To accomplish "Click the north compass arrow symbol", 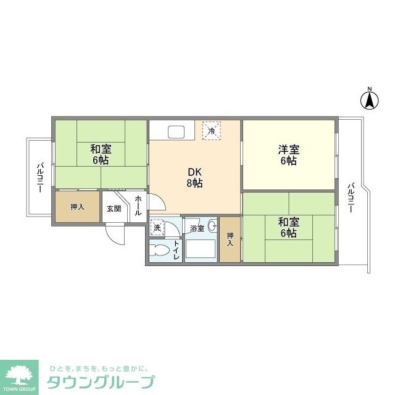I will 370,99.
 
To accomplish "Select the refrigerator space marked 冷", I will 212,130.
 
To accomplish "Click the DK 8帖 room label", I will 194,177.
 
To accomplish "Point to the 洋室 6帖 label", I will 288,155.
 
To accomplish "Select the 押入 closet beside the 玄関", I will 77,207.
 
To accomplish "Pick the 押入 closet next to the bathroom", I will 230,239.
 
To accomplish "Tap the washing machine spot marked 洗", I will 157,228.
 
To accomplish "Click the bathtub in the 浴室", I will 201,251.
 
